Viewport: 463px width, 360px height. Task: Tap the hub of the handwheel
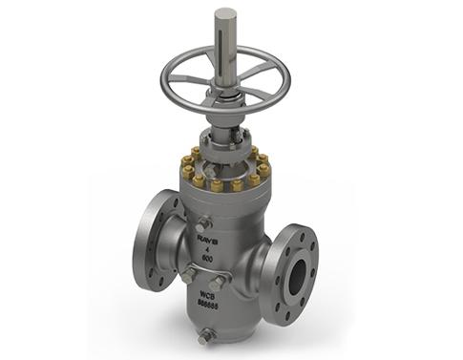(x=226, y=90)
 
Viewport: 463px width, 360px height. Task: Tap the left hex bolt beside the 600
(x=189, y=274)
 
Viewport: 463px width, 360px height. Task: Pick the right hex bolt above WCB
(x=219, y=281)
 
